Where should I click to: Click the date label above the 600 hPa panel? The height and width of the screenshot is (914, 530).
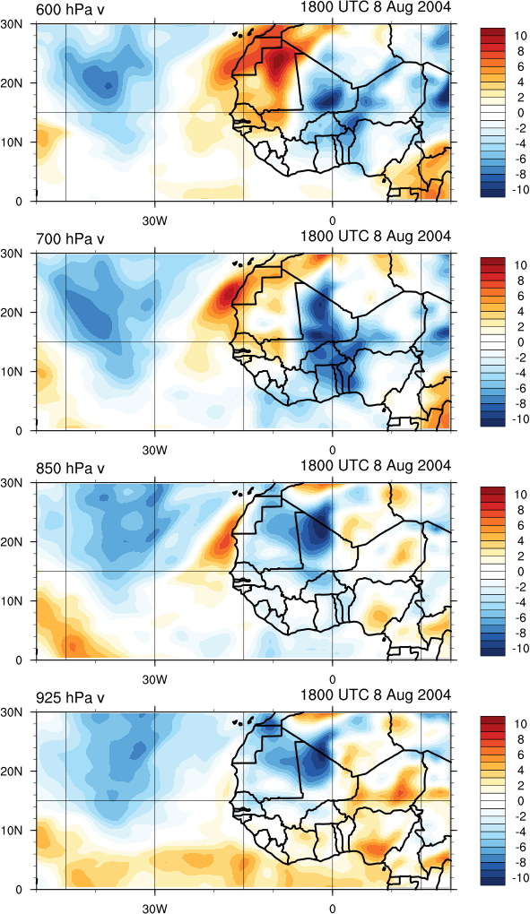[376, 7]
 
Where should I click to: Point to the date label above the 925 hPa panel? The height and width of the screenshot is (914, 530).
[376, 694]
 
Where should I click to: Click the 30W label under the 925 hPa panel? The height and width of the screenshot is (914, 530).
[155, 908]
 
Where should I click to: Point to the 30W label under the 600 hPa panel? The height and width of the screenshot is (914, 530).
[155, 221]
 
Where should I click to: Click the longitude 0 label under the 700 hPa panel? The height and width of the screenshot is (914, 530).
[332, 451]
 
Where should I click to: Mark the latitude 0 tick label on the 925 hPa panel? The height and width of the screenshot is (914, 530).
[18, 890]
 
